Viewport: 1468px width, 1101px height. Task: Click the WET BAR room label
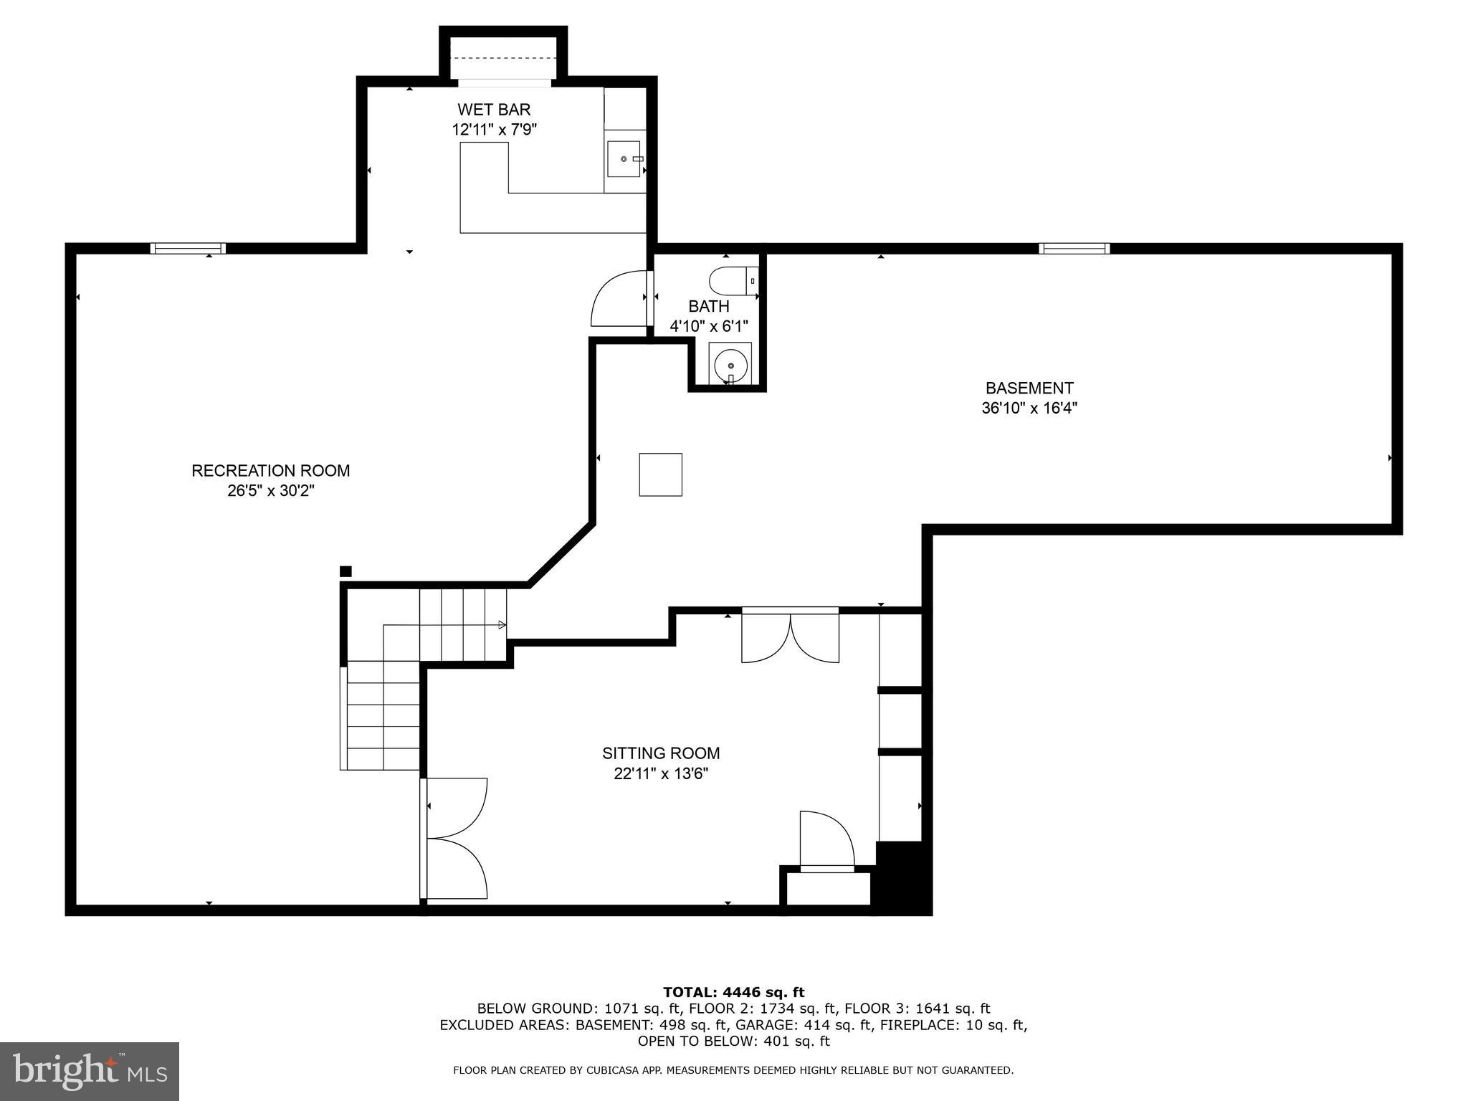point(494,110)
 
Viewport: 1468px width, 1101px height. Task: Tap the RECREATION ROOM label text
point(270,471)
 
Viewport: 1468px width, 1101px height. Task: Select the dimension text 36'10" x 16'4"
point(1029,409)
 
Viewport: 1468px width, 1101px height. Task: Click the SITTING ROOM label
point(660,753)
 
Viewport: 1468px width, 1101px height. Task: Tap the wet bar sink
point(624,158)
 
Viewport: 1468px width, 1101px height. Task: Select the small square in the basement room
point(660,475)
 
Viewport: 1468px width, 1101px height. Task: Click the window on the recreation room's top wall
point(188,249)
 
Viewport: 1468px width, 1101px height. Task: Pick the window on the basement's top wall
point(1074,249)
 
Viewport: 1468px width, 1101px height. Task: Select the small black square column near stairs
point(345,571)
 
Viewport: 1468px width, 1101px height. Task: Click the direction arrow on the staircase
point(502,625)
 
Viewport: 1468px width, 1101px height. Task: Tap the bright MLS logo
point(89,1071)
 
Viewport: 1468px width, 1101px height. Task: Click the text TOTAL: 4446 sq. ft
point(733,992)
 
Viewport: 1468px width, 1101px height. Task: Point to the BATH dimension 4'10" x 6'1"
point(708,326)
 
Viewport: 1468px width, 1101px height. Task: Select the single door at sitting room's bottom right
point(826,840)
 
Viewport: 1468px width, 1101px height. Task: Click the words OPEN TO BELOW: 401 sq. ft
point(733,1041)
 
